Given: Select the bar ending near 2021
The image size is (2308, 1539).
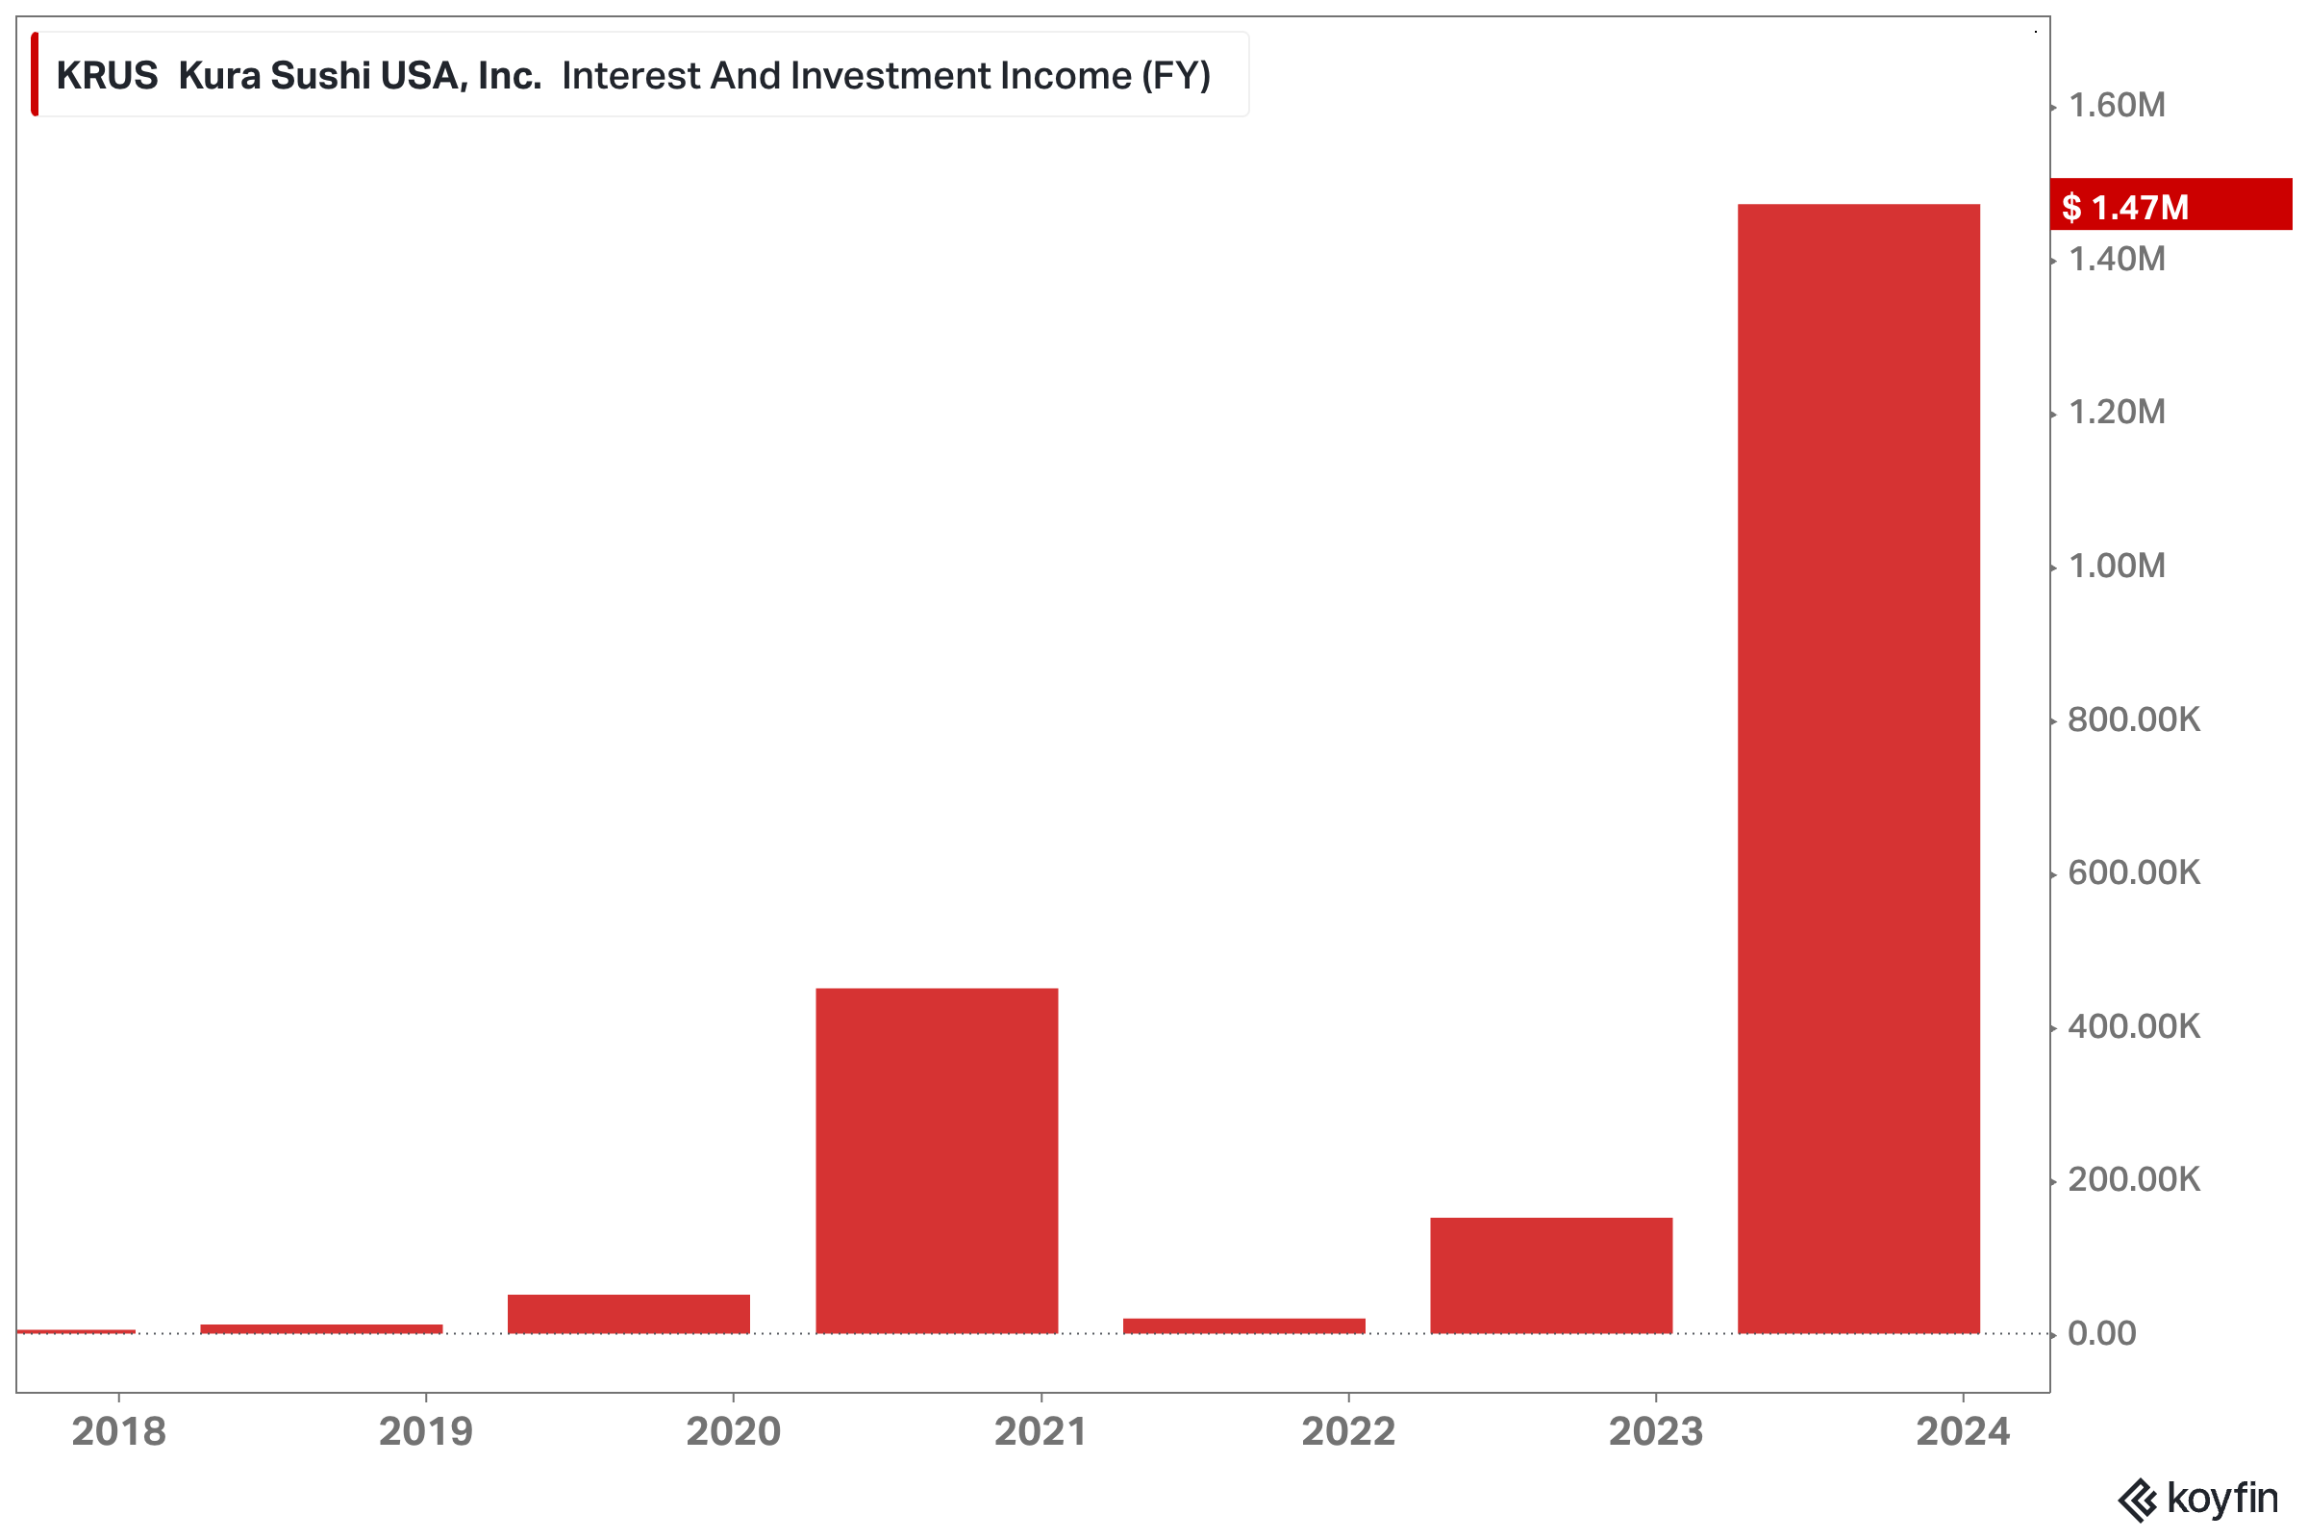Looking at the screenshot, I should coord(937,1161).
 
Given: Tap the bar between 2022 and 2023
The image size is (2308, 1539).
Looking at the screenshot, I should coord(1551,1275).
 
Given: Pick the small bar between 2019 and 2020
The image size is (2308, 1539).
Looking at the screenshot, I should coord(629,1314).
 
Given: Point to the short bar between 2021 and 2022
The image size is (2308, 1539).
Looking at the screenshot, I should coord(1244,1326).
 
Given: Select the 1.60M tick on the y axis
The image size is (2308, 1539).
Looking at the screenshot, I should coord(2116,105).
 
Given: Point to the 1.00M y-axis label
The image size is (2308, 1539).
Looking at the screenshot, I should coord(2116,566).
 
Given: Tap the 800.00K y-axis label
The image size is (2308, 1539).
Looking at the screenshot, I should coord(2132,719).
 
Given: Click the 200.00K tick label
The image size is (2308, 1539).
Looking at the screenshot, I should coord(2132,1179).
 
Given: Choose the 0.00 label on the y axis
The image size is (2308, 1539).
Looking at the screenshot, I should coord(2101,1333).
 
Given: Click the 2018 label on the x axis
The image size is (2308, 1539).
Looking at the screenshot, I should coord(118,1431).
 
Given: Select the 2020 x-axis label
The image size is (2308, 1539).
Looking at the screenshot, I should coord(733,1431).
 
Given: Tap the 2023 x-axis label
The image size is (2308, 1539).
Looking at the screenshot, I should coord(1655,1431).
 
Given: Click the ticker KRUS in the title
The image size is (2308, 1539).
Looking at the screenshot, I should coord(107,76).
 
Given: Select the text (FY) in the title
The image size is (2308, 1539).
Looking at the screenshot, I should coord(1175,76).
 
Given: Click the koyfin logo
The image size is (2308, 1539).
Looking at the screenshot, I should coord(2197,1499).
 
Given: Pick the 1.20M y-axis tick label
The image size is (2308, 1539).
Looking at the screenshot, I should coord(2116,413).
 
